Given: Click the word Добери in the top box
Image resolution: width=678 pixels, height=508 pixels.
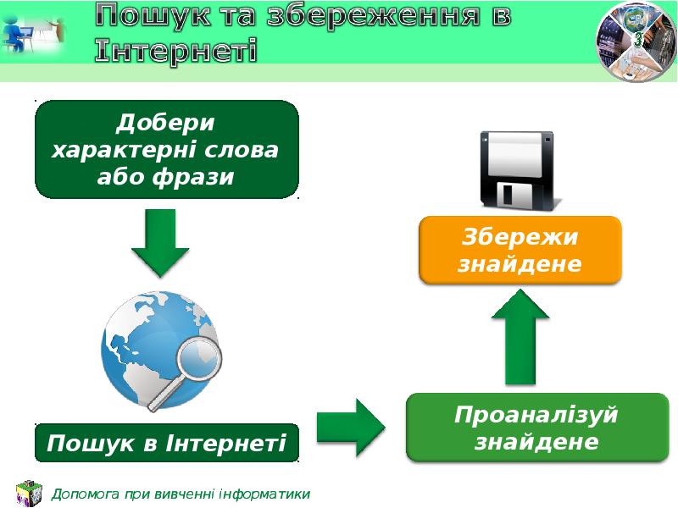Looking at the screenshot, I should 166,124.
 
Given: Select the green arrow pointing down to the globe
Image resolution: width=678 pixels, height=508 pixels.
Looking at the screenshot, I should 160,242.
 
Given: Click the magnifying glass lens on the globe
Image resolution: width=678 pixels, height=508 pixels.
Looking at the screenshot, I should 200,359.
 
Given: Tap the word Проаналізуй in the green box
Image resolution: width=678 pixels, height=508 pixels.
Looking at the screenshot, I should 536,416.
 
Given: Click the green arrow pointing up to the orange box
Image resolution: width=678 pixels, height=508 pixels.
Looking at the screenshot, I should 522,335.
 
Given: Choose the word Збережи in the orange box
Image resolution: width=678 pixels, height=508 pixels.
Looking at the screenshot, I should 520,236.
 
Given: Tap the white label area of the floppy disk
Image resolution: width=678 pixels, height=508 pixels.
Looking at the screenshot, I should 513,150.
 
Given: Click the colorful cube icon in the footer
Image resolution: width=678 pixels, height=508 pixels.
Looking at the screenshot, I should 28,494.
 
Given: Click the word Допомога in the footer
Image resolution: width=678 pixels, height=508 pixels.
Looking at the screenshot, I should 86,494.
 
